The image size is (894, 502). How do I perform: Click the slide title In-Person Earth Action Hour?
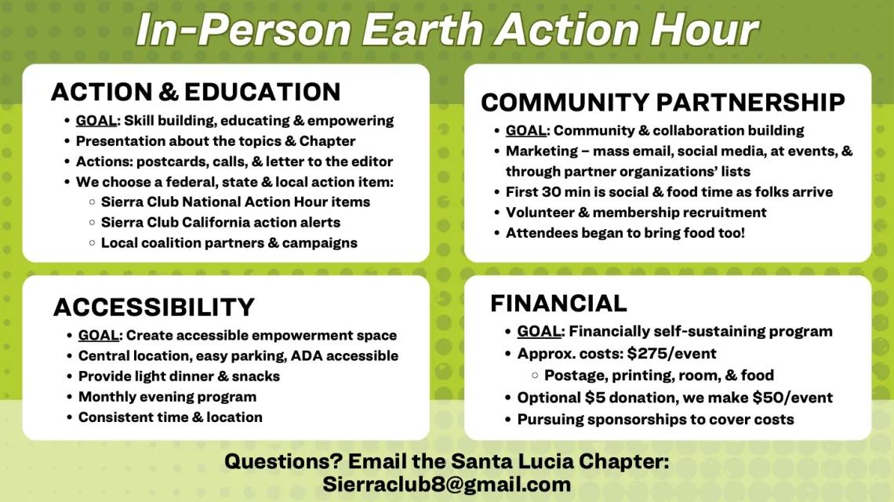pyautogui.click(x=447, y=30)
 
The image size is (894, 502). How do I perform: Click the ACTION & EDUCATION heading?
pyautogui.click(x=195, y=92)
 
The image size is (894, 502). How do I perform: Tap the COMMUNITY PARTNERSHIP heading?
pyautogui.click(x=663, y=102)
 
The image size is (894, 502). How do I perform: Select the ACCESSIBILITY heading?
pyautogui.click(x=154, y=307)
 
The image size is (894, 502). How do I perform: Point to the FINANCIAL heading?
pyautogui.click(x=558, y=303)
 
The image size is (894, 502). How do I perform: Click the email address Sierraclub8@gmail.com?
pyautogui.click(x=446, y=484)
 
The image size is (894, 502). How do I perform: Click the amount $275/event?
pyautogui.click(x=671, y=353)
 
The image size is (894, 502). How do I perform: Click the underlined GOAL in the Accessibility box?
pyautogui.click(x=98, y=335)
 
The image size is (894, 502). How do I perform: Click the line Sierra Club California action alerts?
pyautogui.click(x=220, y=222)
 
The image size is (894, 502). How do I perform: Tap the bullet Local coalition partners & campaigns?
pyautogui.click(x=229, y=242)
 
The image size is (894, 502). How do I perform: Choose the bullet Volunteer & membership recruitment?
pyautogui.click(x=636, y=212)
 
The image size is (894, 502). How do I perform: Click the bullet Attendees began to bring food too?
pyautogui.click(x=625, y=232)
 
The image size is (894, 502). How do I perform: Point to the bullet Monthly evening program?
pyautogui.click(x=167, y=396)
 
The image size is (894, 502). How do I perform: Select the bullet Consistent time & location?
pyautogui.click(x=170, y=417)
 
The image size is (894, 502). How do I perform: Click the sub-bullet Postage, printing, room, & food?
pyautogui.click(x=659, y=375)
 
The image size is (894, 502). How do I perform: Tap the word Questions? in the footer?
pyautogui.click(x=283, y=461)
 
